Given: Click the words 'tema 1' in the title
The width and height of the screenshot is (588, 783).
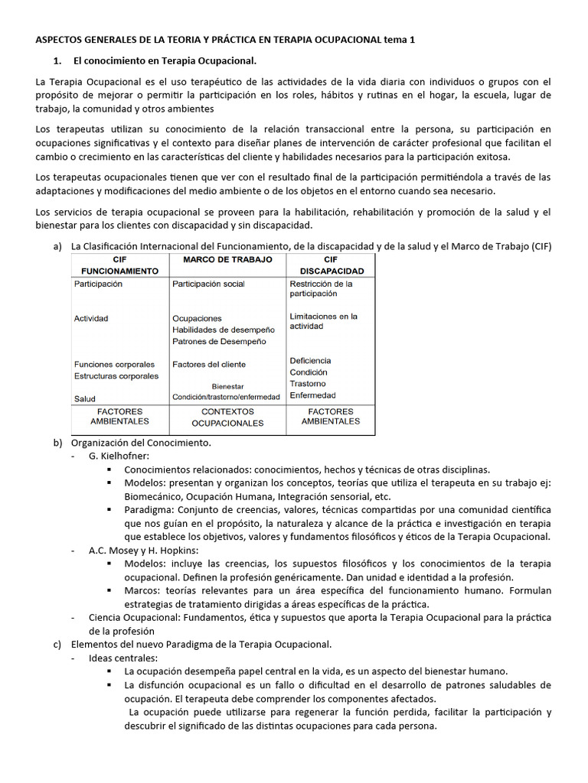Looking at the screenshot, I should pyautogui.click(x=418, y=40).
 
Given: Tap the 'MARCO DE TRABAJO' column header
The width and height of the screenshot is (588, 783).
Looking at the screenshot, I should pyautogui.click(x=227, y=260).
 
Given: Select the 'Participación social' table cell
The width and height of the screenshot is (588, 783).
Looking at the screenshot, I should pyautogui.click(x=208, y=284).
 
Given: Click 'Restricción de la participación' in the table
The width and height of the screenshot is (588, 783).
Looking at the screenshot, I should pyautogui.click(x=321, y=288).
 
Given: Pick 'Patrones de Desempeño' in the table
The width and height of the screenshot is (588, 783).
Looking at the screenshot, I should pyautogui.click(x=219, y=341).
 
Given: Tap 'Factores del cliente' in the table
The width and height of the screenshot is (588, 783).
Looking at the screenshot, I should pyautogui.click(x=209, y=365).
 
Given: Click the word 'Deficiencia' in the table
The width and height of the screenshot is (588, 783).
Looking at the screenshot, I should pyautogui.click(x=310, y=360).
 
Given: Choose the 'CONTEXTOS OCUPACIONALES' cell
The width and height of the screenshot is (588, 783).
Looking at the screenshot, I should pyautogui.click(x=227, y=417).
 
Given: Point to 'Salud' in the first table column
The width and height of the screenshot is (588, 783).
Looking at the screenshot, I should pyautogui.click(x=85, y=398).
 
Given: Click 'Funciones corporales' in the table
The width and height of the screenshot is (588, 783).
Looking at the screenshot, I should pyautogui.click(x=114, y=365).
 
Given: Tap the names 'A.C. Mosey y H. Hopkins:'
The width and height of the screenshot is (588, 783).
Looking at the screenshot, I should pyautogui.click(x=144, y=551).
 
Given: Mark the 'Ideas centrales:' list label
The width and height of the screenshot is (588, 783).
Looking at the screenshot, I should pyautogui.click(x=123, y=658).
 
